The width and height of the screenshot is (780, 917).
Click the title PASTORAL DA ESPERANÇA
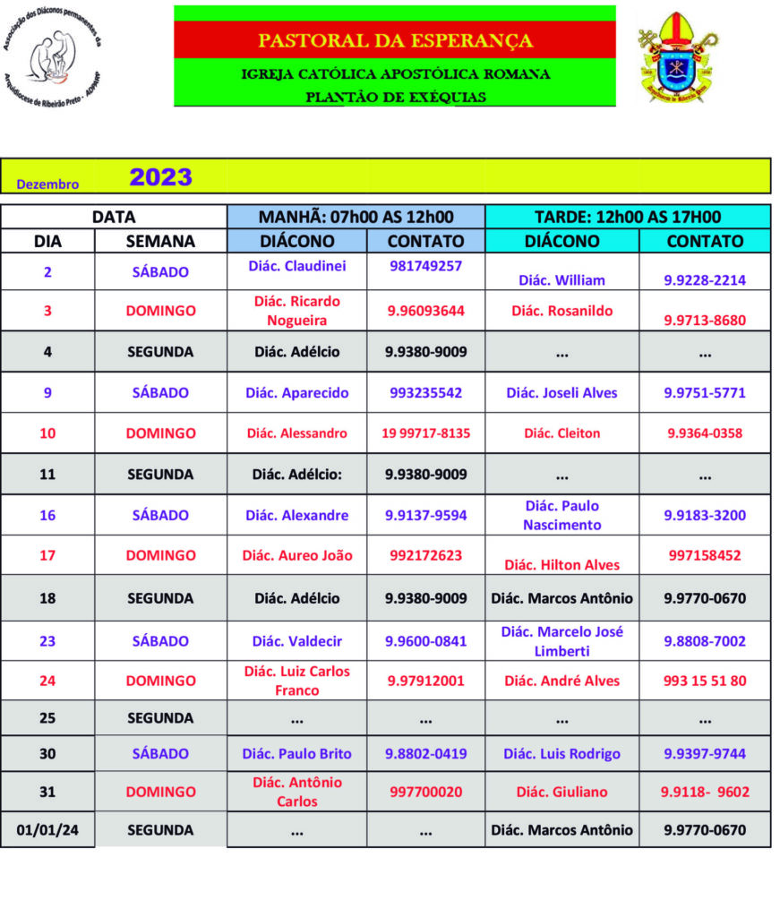coord(395,41)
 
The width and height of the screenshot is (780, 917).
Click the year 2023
coord(160,177)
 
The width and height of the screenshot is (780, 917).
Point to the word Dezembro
coord(47,184)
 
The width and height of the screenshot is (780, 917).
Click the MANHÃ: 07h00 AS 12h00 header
coord(356,217)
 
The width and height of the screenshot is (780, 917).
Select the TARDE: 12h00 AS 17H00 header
coord(627,217)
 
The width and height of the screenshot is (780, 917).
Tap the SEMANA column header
coord(160,241)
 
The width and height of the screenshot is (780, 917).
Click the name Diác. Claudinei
coord(296,266)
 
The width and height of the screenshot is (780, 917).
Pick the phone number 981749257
coord(425,266)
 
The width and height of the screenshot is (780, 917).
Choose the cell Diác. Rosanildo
coord(561,311)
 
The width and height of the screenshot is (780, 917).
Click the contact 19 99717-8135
coord(425,433)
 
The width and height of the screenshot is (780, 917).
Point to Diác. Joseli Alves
coord(561,392)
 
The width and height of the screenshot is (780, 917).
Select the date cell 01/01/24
coord(47,830)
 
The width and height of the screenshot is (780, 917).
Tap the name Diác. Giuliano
coord(561,792)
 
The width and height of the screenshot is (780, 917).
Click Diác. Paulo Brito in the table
coord(296,753)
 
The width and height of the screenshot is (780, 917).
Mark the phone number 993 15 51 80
coord(705,681)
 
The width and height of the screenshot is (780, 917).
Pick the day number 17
coord(47,555)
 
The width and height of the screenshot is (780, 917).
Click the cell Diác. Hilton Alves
coord(561,564)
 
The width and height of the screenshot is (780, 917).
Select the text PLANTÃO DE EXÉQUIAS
coord(395,97)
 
